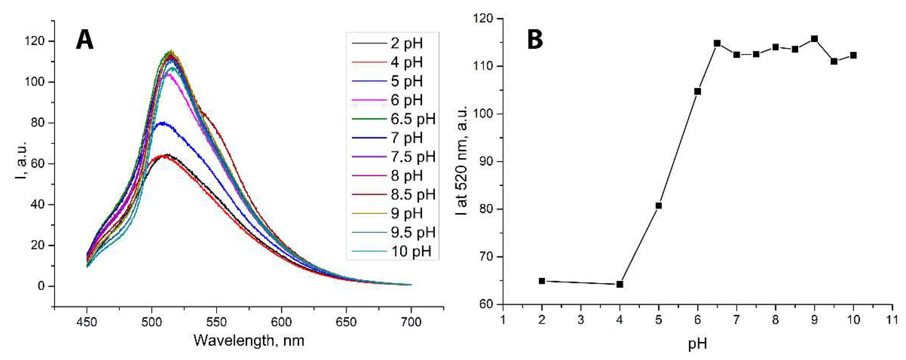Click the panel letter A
[85, 40]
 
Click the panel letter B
[535, 40]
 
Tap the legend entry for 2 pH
[407, 43]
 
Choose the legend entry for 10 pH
[411, 251]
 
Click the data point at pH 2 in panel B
[542, 281]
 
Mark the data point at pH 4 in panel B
[620, 284]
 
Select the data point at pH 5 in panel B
[659, 206]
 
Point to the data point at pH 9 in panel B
[814, 39]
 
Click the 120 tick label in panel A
[34, 42]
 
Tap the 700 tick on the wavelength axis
[411, 322]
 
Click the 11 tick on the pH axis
[892, 320]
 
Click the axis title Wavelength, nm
[249, 340]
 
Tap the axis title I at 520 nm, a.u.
[461, 160]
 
